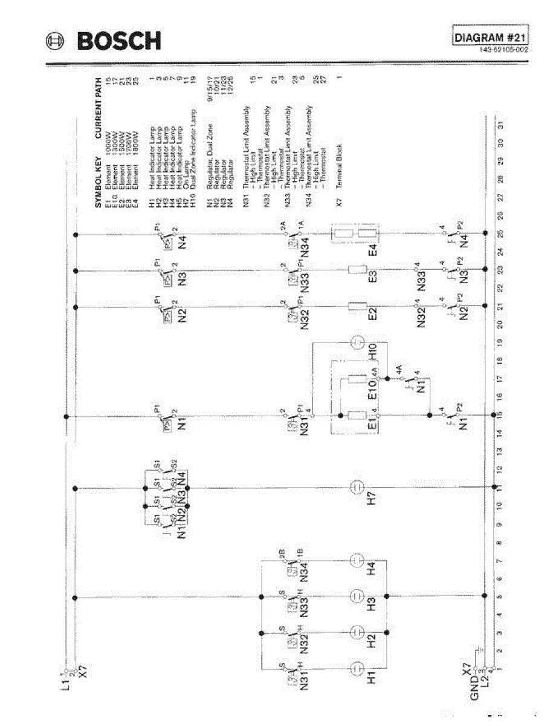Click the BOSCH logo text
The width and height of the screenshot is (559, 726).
[x=120, y=41]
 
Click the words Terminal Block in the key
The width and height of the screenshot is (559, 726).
[x=340, y=164]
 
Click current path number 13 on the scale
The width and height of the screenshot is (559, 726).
[x=500, y=451]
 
